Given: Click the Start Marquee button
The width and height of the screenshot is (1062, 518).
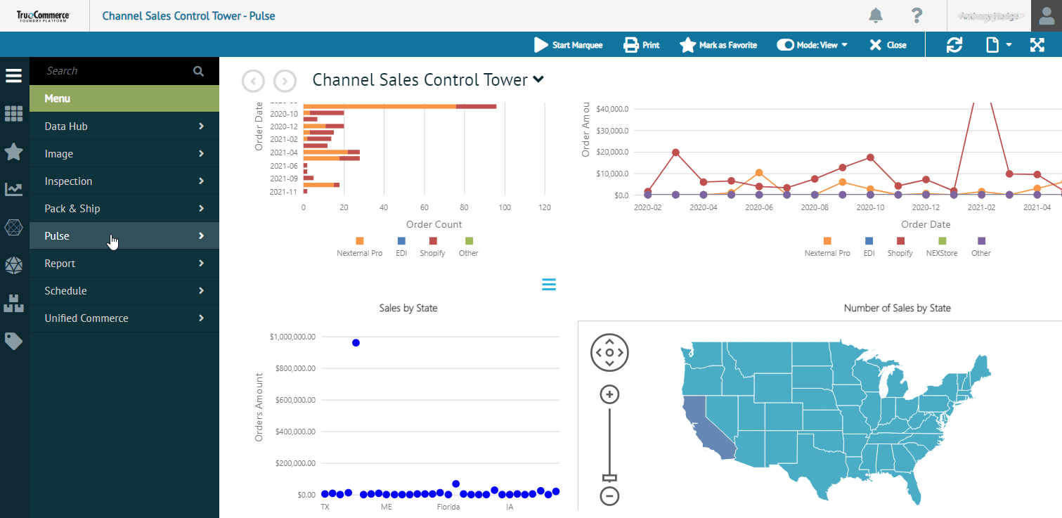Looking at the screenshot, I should (x=568, y=45).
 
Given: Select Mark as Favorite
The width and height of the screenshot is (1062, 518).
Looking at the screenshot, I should (x=718, y=45).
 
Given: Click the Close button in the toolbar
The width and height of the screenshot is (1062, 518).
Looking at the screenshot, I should (x=888, y=45).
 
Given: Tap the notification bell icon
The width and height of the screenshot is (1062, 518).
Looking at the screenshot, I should (x=875, y=15).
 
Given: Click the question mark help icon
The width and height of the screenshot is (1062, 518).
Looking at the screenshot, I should (x=917, y=15).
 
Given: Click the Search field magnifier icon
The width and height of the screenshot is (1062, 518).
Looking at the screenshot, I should (x=198, y=71).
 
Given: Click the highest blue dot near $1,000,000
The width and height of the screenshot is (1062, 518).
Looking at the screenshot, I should (x=356, y=343).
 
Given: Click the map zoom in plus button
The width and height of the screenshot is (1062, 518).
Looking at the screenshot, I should (x=609, y=395).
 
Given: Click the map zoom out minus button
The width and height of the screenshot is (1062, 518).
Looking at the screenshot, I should (x=609, y=496).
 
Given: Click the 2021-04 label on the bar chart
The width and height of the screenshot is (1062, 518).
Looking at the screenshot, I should (x=284, y=152).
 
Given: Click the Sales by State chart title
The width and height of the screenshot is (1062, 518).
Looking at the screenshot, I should (x=408, y=308).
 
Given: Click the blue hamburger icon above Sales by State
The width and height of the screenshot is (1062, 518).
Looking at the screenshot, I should (x=549, y=284).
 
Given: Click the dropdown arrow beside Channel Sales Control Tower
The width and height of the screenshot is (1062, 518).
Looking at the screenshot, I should (x=538, y=80).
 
